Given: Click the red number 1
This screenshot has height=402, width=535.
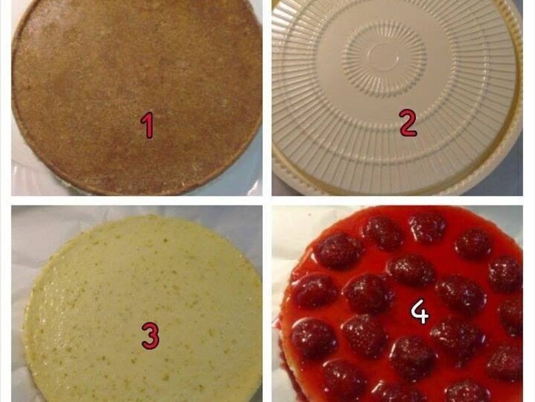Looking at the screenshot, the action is pyautogui.click(x=148, y=125).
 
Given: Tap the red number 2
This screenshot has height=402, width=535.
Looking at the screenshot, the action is pyautogui.click(x=408, y=124).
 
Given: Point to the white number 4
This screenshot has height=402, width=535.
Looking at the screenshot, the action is pyautogui.click(x=420, y=312).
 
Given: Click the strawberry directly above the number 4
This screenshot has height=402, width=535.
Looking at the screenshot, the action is pyautogui.click(x=411, y=270).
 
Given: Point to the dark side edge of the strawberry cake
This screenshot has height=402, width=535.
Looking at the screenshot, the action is pyautogui.click(x=284, y=362).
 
